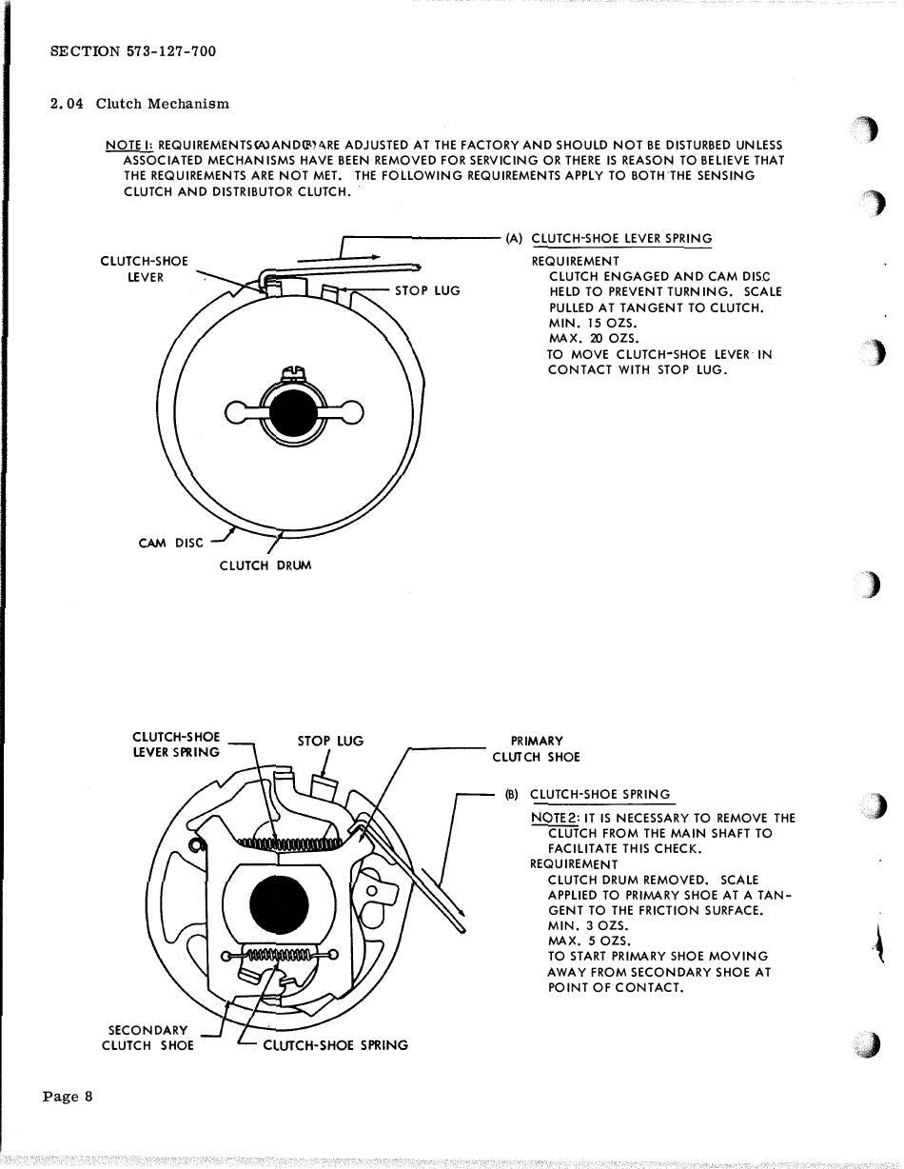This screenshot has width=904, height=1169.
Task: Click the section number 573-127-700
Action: [x=170, y=51]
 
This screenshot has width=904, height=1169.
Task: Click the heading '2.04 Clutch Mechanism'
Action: [x=139, y=104]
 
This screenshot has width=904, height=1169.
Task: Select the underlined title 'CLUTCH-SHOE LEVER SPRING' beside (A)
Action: [x=620, y=239]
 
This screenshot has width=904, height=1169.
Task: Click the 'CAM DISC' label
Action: [x=170, y=544]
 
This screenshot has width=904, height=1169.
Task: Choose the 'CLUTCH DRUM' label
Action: [x=265, y=565]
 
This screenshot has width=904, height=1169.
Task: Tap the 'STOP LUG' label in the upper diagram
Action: [x=427, y=290]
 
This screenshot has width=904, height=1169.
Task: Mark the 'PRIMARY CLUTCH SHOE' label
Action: [x=537, y=749]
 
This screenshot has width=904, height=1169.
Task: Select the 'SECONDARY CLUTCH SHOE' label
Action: [x=148, y=1038]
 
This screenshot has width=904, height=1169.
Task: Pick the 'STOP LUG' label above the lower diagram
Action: [x=330, y=741]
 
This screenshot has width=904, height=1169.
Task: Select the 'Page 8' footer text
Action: [x=68, y=1096]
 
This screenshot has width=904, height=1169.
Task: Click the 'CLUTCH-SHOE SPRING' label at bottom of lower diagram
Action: [x=335, y=1045]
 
